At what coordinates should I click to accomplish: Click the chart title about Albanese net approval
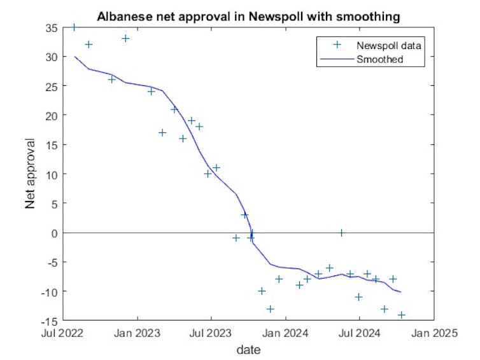[x=248, y=17]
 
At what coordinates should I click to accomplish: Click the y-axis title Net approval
[x=30, y=174]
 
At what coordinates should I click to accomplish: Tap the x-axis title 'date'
[x=248, y=350]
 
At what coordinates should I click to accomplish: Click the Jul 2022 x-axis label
[x=64, y=332]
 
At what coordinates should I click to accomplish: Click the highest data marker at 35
[x=74, y=27]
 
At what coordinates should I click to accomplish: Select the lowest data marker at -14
[x=402, y=315]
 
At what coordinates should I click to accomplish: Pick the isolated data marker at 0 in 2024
[x=342, y=233]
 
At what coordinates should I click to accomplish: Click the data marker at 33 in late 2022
[x=125, y=38]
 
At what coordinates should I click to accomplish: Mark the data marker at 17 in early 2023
[x=162, y=132]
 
